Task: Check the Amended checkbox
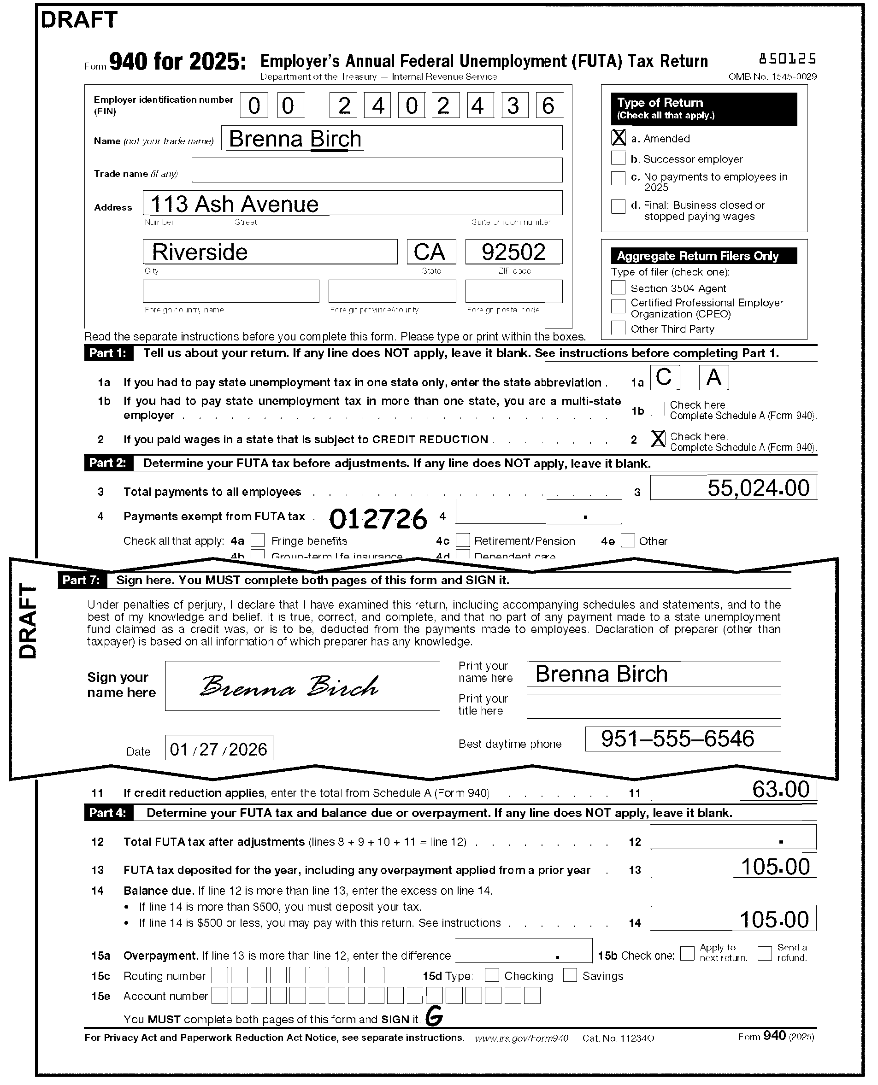618,137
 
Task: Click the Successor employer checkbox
618,158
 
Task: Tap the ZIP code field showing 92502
513,252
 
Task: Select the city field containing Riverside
270,252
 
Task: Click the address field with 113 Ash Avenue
352,203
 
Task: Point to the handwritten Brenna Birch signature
289,686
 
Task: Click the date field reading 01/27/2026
219,748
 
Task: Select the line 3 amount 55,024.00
733,488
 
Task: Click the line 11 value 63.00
733,790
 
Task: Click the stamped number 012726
378,519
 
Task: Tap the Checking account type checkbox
492,975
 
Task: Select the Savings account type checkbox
570,975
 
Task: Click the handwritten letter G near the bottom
434,1016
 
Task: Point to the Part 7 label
82,580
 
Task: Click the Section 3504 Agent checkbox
618,287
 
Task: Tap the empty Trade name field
377,170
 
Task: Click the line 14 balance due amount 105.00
733,919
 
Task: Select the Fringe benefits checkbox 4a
258,540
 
